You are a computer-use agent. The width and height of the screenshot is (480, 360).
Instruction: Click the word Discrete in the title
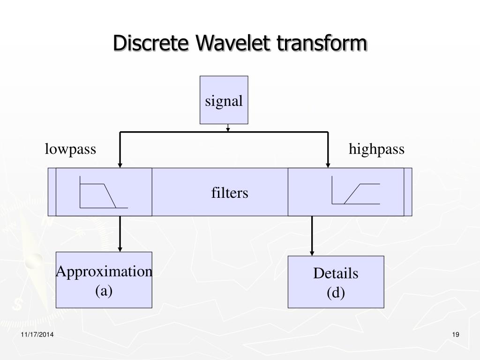click(151, 44)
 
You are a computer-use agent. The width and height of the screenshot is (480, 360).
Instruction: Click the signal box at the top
click(224, 100)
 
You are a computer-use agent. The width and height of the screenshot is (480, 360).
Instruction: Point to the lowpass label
click(70, 150)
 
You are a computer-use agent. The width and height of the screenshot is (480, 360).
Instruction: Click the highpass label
click(376, 150)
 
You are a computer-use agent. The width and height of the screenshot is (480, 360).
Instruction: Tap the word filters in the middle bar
click(230, 193)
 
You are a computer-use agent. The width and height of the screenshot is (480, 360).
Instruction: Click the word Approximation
click(104, 271)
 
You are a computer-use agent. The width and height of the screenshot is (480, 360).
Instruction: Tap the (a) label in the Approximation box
click(104, 291)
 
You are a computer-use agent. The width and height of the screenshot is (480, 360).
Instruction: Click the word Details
click(336, 273)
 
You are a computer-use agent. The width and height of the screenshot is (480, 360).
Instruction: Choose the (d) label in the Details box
click(336, 293)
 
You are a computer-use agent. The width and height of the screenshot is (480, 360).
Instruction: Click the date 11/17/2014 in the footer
click(37, 334)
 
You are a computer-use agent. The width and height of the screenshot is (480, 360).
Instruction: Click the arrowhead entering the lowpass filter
click(120, 165)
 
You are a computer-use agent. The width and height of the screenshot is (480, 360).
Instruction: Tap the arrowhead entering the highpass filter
click(328, 165)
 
